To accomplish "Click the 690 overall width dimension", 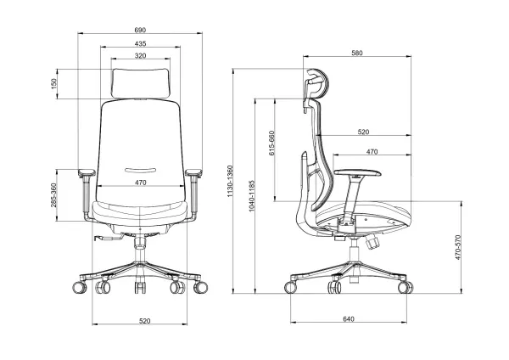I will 139,31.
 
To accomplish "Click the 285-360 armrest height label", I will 53,196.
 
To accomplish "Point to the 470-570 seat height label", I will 459,248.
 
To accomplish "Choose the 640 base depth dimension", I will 349,319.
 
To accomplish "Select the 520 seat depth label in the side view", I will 364,132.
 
